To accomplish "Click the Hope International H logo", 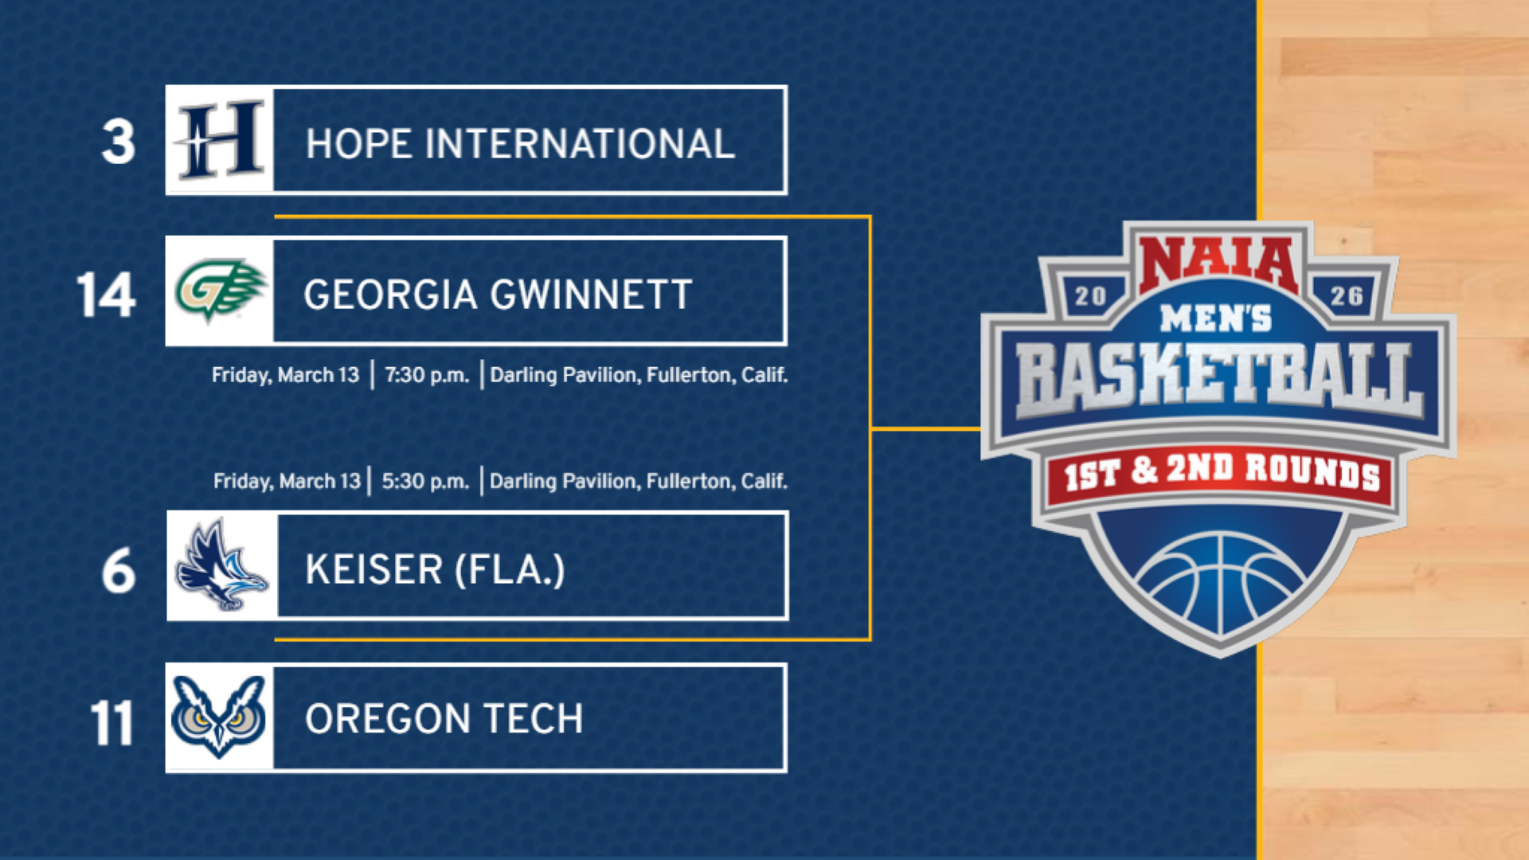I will point(220,140).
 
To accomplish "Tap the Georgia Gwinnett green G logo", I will point(220,290).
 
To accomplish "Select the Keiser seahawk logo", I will point(221,565).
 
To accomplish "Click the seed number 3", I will point(119,143).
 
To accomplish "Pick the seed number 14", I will point(106,295).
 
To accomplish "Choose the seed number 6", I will point(119,571).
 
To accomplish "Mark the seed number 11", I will point(111,723).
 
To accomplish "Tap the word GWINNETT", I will point(591,295).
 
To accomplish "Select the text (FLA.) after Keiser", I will point(510,569).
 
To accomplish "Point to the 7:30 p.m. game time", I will point(427,375).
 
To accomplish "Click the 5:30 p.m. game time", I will point(425,481).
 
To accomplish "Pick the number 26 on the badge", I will point(1347,296).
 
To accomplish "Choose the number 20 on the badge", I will point(1090,296).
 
